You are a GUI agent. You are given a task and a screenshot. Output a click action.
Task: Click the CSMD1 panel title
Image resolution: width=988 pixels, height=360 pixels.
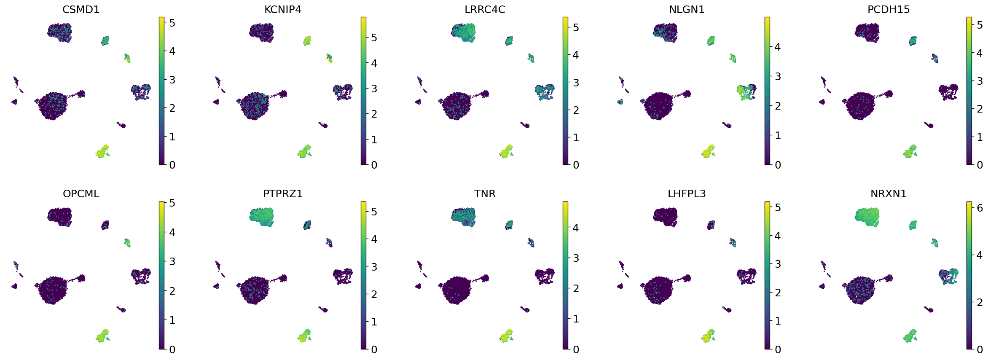point(81,9)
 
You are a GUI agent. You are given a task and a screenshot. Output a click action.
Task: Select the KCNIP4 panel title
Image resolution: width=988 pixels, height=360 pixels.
point(283,9)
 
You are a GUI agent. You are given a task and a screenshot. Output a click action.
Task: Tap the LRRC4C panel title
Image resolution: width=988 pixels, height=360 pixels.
point(485,9)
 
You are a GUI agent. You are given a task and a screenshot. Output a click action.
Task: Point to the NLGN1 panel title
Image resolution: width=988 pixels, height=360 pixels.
point(687,9)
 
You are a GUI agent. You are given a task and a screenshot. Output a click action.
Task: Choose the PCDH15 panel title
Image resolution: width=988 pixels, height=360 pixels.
point(889,9)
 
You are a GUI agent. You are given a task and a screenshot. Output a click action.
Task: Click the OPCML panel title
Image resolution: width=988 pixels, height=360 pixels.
point(81,193)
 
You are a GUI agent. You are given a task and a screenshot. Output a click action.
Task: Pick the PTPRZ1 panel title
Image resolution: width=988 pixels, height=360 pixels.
point(283,193)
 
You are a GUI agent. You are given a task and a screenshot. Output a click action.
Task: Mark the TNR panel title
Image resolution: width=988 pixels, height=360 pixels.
point(485,193)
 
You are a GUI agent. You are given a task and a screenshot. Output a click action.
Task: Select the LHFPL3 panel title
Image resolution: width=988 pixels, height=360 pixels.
point(687,193)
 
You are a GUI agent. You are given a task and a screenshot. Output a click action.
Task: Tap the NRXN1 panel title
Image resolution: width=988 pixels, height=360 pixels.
point(889,193)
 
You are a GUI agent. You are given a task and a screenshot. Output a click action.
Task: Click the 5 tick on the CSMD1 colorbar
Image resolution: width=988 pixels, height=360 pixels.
point(172,23)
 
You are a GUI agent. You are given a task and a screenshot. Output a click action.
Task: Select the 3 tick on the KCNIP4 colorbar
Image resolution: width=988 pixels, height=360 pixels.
point(374,89)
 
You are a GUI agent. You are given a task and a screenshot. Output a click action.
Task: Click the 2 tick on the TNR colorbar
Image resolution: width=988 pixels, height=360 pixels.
point(576,288)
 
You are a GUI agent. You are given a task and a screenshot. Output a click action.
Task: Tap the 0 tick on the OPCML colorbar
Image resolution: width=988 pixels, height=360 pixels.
point(172,349)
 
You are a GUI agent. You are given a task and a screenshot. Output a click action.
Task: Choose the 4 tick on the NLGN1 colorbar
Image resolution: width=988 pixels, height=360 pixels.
point(778,47)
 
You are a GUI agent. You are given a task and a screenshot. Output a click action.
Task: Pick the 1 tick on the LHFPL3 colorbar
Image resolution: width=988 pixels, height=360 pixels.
point(778,321)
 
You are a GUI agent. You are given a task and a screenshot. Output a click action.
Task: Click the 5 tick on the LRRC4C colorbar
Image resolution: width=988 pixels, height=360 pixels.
point(576,27)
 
